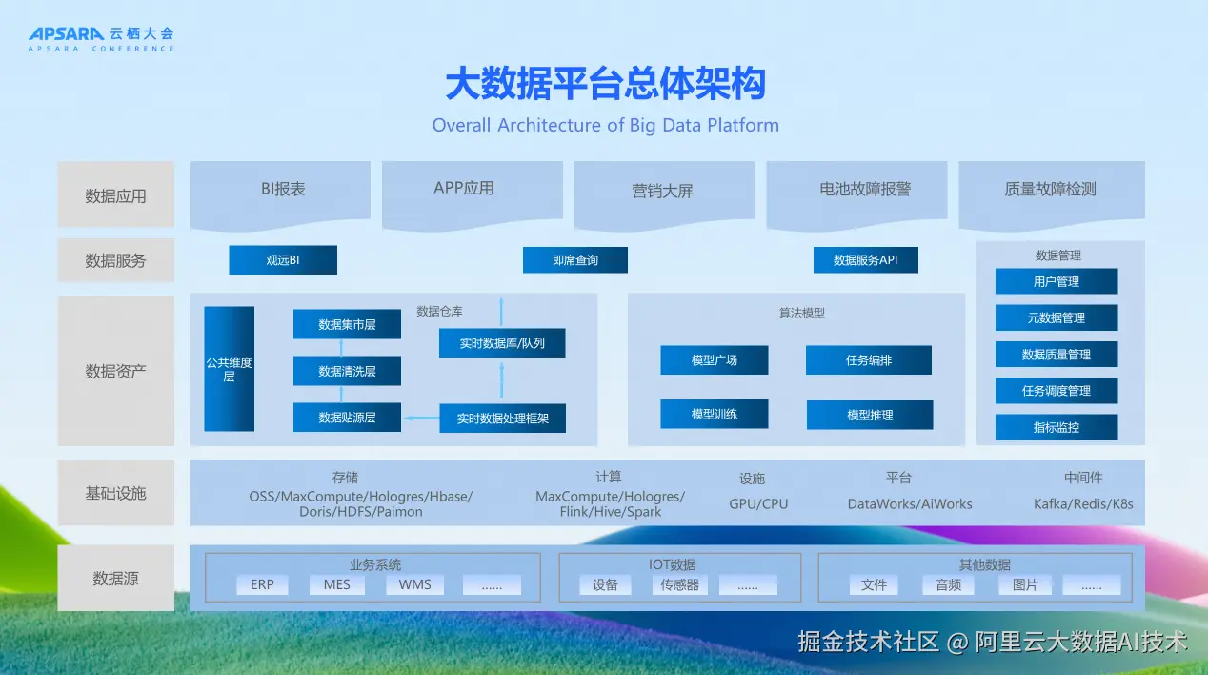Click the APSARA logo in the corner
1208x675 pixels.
tap(101, 39)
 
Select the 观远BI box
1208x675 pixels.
tap(283, 260)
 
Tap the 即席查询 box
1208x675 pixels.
tap(574, 260)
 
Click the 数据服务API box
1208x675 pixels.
tap(866, 260)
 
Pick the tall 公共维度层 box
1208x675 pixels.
tap(229, 369)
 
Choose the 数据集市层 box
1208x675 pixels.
tap(347, 324)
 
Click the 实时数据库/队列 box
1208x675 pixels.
tap(502, 343)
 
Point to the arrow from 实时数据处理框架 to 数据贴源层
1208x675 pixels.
tap(422, 419)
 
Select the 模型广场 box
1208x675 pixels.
tap(714, 359)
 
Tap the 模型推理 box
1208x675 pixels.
tap(870, 415)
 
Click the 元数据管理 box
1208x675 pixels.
tap(1057, 317)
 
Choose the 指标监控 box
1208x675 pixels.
tap(1057, 427)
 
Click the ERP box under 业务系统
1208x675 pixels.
tap(262, 584)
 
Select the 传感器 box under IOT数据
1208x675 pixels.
tap(679, 584)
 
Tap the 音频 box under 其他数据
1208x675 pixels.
tap(948, 584)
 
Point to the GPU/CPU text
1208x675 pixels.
tap(758, 504)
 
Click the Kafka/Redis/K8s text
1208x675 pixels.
tap(1083, 504)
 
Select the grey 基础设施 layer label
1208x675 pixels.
tap(116, 493)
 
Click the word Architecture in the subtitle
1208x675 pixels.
tap(549, 125)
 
